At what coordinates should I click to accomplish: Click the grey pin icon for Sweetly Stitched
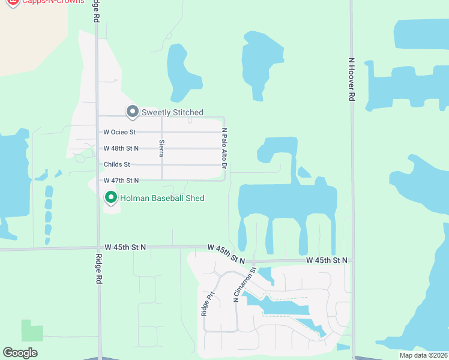click(x=132, y=111)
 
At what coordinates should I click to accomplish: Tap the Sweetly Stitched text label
click(x=172, y=112)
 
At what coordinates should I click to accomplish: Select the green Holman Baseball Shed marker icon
click(x=111, y=197)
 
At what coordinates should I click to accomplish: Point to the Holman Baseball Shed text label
click(x=162, y=198)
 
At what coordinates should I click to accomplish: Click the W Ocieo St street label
click(x=120, y=132)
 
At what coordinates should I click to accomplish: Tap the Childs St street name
click(x=116, y=164)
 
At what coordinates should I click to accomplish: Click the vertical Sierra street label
click(x=161, y=148)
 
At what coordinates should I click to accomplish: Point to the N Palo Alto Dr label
click(x=224, y=148)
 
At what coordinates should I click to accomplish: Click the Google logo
click(x=20, y=353)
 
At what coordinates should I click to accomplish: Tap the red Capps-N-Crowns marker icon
click(x=11, y=2)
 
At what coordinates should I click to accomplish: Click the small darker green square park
click(x=32, y=331)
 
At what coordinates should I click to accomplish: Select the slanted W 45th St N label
click(x=226, y=254)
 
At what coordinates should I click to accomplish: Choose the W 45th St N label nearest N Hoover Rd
click(x=327, y=260)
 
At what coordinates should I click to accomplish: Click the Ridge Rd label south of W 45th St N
click(x=98, y=269)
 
